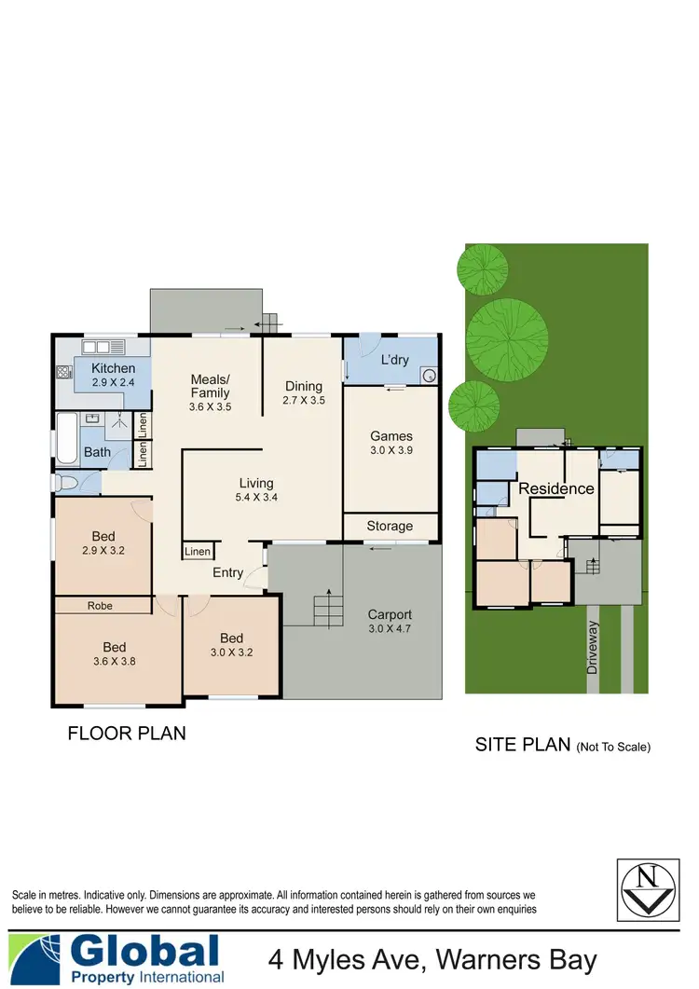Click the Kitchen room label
point(113,368)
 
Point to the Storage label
point(390,526)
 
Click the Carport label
point(390,614)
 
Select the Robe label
point(100,606)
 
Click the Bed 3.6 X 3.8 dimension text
point(114,663)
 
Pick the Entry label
point(228,572)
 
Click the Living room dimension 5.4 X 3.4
point(255,498)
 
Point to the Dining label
point(304,386)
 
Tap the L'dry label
point(396,360)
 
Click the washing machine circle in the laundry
point(429,376)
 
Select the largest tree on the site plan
point(506,337)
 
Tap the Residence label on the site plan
point(556,488)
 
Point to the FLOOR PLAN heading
point(127,734)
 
